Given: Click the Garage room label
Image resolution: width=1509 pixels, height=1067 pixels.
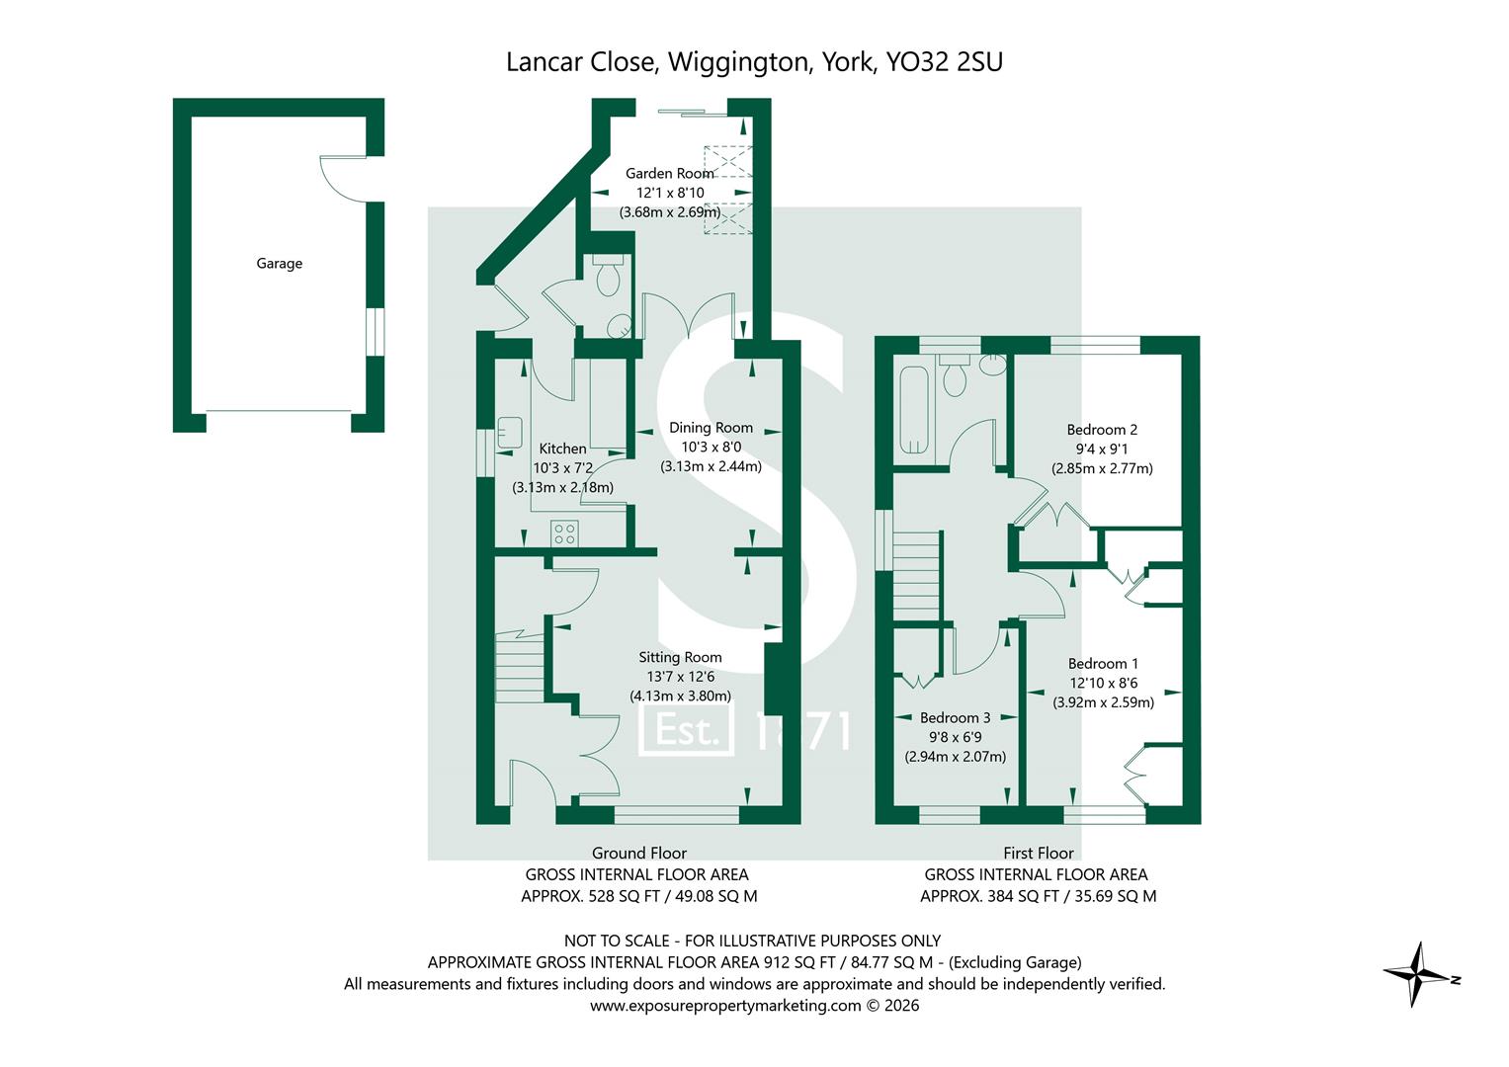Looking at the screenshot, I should [279, 264].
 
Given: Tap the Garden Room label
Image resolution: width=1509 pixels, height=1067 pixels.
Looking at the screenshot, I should [669, 174].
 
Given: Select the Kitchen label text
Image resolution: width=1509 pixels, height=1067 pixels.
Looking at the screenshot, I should [562, 449].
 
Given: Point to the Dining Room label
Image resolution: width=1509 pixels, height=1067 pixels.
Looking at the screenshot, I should [711, 428].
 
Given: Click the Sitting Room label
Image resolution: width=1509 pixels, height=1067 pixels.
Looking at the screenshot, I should [680, 657].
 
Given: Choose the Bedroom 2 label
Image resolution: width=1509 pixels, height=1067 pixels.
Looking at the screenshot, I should [1102, 430].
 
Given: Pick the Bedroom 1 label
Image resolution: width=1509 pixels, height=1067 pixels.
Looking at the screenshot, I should [1103, 664].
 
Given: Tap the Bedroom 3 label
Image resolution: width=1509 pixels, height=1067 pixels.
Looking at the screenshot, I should [955, 718].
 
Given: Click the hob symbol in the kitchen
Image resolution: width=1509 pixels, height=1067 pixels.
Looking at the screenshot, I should [564, 534].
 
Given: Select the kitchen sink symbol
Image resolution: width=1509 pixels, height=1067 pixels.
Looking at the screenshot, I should [510, 433].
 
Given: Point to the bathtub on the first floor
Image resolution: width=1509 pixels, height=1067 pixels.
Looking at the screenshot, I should [911, 409].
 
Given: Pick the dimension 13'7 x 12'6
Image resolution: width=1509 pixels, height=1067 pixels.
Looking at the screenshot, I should [680, 677].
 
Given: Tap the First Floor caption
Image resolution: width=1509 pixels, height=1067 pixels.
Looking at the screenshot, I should [1038, 853].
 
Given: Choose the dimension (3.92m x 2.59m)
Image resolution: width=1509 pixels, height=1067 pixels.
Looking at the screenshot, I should [1103, 702].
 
